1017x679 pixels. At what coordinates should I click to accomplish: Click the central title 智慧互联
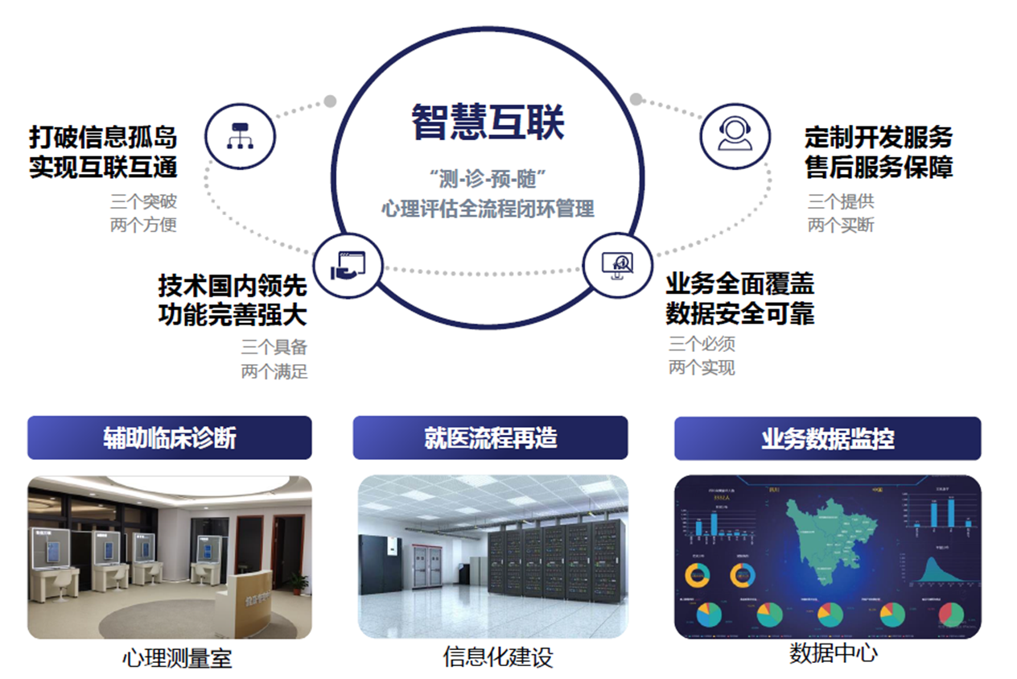488,122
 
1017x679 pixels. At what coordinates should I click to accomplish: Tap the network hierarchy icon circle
241,135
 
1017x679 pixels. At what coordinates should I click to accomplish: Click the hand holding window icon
348,266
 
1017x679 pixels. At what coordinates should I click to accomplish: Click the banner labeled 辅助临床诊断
169,437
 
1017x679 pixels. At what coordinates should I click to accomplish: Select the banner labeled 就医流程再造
490,437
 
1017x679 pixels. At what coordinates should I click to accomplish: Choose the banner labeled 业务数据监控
827,438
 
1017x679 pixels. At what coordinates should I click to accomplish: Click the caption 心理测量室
177,658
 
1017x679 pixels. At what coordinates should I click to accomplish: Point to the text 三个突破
143,201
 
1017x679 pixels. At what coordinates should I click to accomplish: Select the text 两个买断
841,225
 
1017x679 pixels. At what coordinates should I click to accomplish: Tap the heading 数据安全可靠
739,313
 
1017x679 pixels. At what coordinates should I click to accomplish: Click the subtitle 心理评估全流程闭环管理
488,209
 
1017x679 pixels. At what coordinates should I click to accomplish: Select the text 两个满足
274,371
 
